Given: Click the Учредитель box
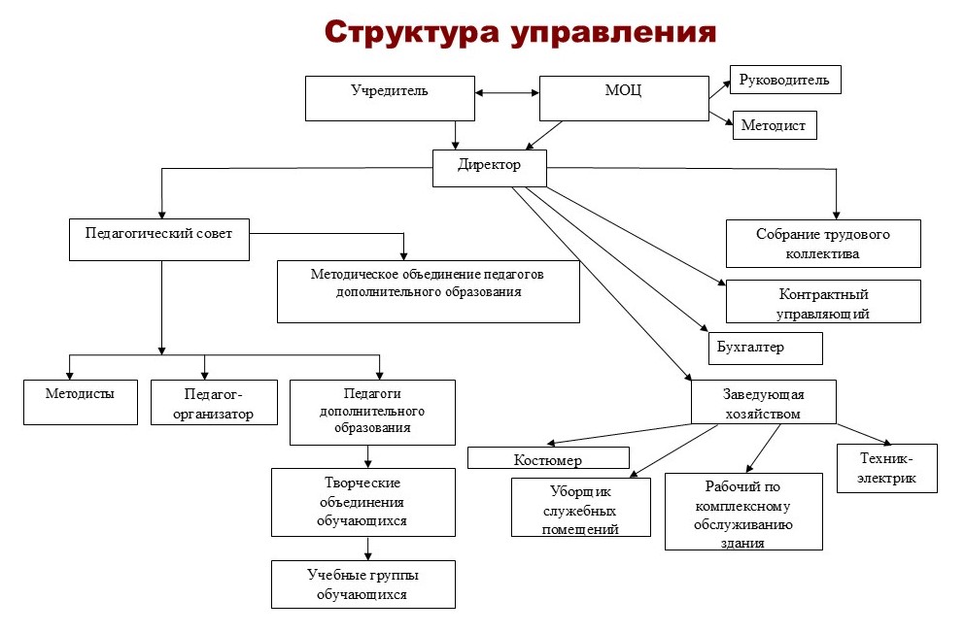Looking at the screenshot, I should tap(390, 98).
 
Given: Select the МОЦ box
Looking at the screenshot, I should tap(623, 98).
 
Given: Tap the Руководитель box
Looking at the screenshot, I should tap(784, 80).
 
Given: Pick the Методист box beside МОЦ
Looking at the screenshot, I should tap(774, 126).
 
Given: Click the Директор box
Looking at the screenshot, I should tap(490, 167).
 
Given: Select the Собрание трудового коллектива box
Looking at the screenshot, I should tap(822, 244).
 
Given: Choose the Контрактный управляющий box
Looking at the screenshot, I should tap(822, 302).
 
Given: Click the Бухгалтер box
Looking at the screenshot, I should tap(764, 348).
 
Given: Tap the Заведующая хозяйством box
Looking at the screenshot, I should tap(763, 402).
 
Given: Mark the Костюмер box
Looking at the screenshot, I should tap(548, 457).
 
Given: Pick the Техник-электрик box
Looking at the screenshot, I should tap(886, 467).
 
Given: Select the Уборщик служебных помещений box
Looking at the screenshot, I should tap(580, 507).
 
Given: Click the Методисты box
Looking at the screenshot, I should tap(80, 402).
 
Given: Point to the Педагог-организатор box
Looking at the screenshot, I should tap(215, 403).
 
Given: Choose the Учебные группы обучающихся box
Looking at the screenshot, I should tap(362, 584).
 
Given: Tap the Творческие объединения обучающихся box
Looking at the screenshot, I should tap(362, 502).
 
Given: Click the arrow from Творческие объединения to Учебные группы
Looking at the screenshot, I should tap(367, 549).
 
